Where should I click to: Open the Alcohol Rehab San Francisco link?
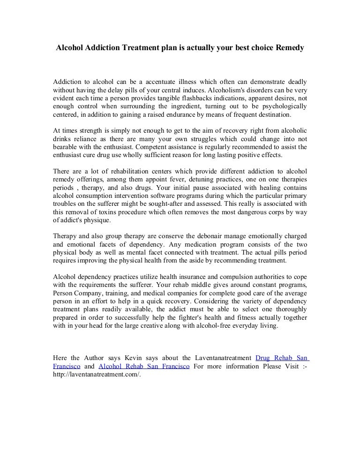click(144, 366)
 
